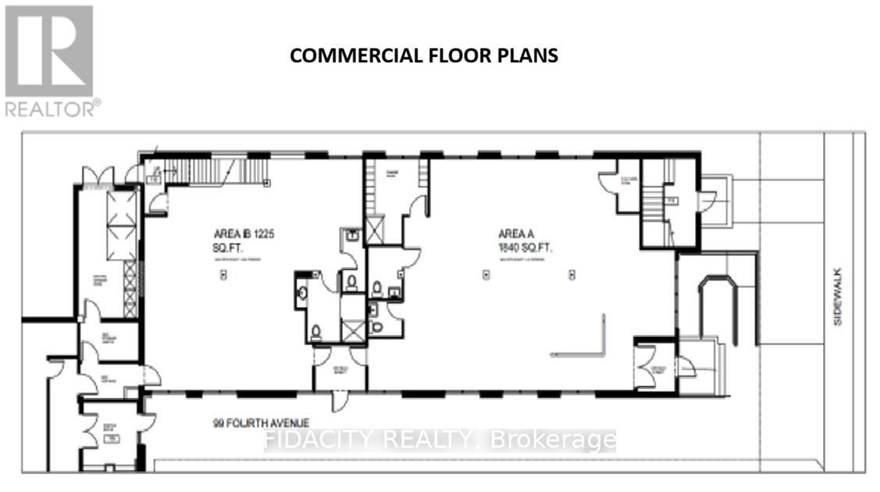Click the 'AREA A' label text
(x=515, y=234)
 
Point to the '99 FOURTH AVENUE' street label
(x=255, y=423)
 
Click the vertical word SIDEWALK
(x=838, y=298)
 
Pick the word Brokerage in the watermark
(x=553, y=440)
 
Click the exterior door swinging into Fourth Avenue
(x=338, y=401)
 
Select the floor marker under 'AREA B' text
(x=223, y=274)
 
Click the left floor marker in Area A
(x=486, y=274)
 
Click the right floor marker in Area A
(x=572, y=274)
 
